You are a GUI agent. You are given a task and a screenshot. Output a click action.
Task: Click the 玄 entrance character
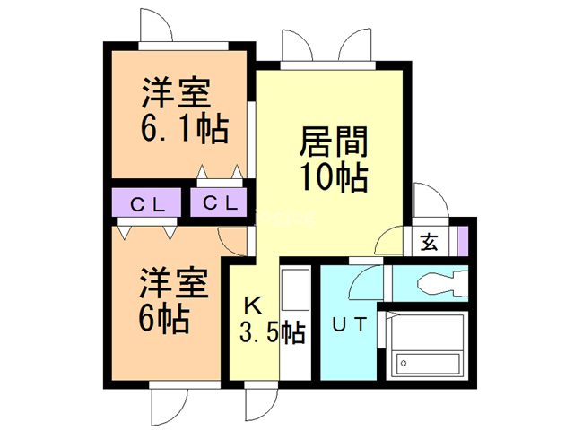(x=430, y=241)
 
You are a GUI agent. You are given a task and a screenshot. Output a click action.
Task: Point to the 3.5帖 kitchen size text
(x=272, y=333)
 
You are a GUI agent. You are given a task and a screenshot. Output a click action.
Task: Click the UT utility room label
(x=349, y=325)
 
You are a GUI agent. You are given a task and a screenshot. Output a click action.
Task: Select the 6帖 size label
(x=163, y=318)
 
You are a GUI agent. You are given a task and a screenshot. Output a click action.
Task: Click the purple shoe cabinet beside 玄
(x=462, y=241)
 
